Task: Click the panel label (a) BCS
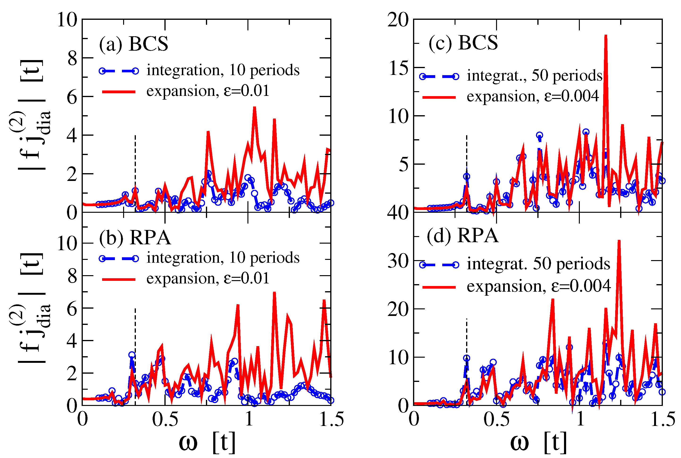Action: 134,44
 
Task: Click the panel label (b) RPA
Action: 135,237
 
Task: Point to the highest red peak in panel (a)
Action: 254,108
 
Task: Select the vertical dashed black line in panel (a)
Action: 135,164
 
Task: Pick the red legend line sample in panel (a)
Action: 119,92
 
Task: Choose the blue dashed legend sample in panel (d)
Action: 439,265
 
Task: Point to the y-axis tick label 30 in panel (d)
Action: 398,261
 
